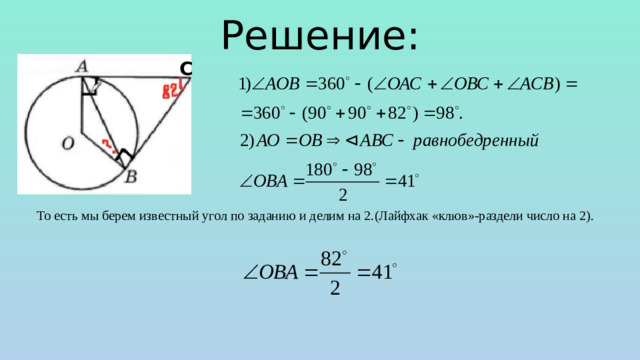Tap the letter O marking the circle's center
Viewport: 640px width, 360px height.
pos(67,144)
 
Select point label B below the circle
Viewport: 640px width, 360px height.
pos(131,178)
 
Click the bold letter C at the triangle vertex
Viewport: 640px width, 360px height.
pos(187,67)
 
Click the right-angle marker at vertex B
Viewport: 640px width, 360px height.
pos(124,158)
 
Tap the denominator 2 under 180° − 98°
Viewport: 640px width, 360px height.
pos(342,194)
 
